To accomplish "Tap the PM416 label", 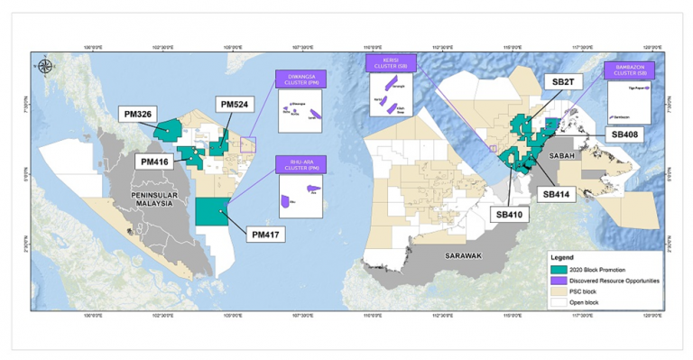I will click(x=156, y=162).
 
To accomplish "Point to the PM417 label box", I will click(x=271, y=235).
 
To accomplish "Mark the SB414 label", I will click(x=559, y=193).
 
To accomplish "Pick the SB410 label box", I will click(x=511, y=215).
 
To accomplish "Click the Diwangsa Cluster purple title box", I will click(x=303, y=78).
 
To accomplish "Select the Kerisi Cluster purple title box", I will click(x=388, y=63).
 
